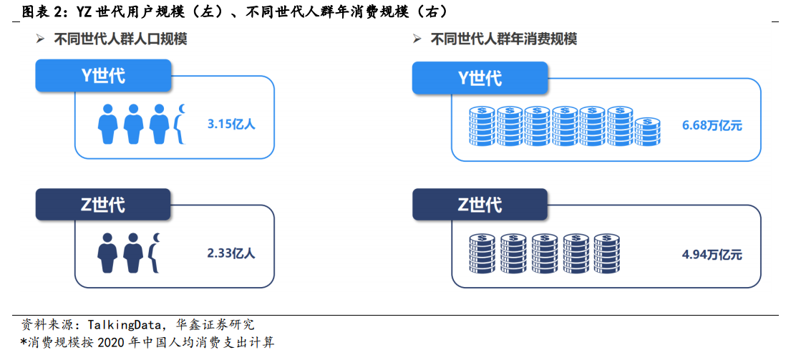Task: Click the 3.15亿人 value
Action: (231, 124)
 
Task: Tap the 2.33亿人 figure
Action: (231, 253)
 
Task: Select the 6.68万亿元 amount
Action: (712, 125)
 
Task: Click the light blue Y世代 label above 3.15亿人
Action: (104, 76)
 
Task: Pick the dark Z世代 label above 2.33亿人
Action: (104, 204)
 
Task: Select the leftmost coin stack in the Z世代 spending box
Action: (482, 253)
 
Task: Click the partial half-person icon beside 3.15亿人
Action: (180, 124)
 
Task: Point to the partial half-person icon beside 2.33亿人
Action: (155, 253)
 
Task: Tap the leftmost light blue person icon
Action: (107, 124)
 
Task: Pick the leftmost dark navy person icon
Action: (107, 253)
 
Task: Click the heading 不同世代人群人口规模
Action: (120, 39)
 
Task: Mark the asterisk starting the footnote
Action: (23, 342)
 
